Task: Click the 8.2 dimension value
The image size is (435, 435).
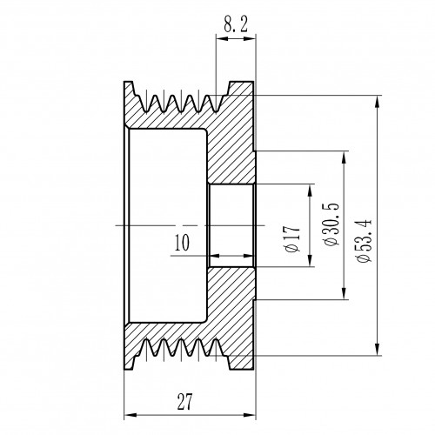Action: [236, 24]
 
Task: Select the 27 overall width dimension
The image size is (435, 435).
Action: [184, 401]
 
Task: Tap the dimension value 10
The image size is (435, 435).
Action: [182, 243]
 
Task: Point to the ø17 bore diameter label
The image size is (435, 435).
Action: [292, 238]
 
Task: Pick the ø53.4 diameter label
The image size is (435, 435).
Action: [364, 241]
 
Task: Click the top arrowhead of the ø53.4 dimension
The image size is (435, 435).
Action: [377, 102]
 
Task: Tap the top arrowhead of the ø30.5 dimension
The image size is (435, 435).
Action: [344, 157]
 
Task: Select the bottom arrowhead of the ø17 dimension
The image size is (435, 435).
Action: [310, 260]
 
